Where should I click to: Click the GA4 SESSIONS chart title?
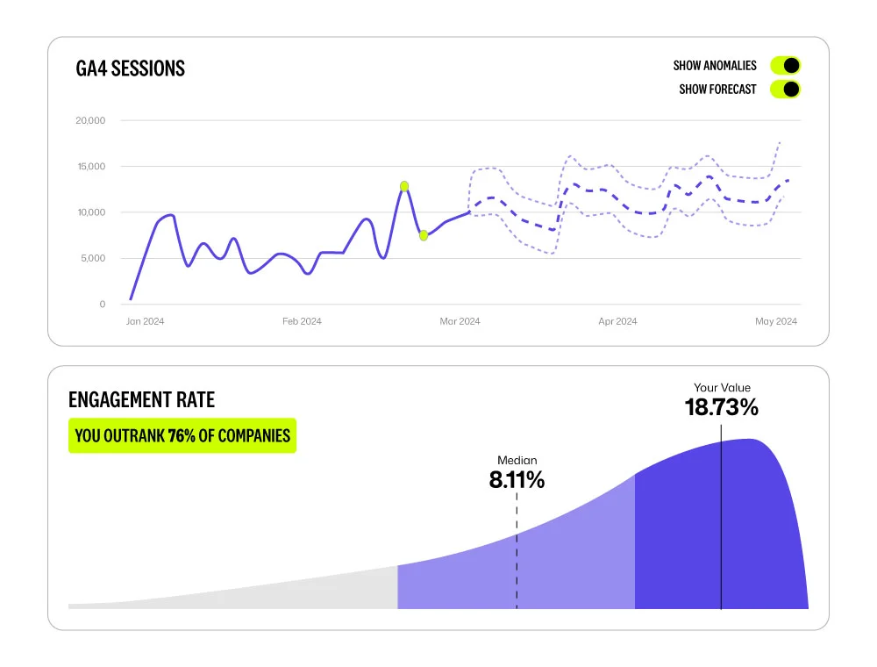tap(131, 68)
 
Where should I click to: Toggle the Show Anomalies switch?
tap(785, 66)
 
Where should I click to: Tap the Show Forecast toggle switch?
tap(785, 89)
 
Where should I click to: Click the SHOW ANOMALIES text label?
tap(715, 66)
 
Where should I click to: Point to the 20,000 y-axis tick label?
tap(90, 121)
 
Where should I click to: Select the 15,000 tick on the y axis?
tap(90, 167)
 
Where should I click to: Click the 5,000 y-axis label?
tap(93, 259)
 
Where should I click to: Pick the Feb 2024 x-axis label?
tap(302, 321)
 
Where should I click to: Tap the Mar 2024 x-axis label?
tap(460, 321)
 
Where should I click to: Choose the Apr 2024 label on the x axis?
tap(617, 321)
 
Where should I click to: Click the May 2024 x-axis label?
tap(776, 321)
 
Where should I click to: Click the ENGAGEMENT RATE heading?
tap(141, 400)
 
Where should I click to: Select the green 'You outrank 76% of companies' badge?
tap(182, 435)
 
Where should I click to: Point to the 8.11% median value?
tap(517, 480)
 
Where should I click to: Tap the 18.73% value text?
tap(721, 407)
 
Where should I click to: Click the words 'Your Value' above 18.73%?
tap(722, 388)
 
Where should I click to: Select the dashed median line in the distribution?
tap(517, 562)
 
